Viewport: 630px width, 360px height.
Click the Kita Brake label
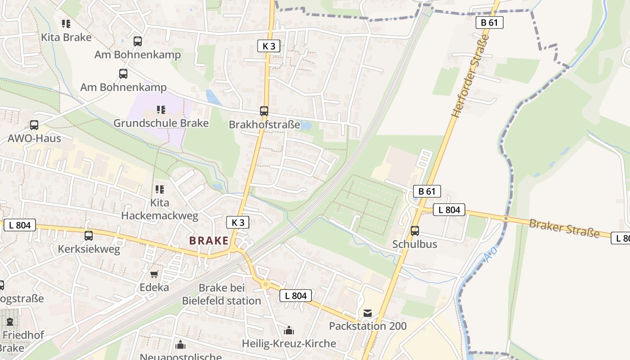coord(66,37)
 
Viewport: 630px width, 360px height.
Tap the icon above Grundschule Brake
coord(161,109)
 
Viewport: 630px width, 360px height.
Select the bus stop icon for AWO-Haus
coord(34,125)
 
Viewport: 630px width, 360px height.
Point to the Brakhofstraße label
coord(264,125)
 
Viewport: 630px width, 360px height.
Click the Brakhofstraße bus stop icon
coord(264,111)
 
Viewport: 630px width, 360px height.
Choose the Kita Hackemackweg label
coord(160,209)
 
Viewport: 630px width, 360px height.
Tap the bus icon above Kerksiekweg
coord(89,235)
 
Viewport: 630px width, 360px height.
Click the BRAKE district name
coord(209,241)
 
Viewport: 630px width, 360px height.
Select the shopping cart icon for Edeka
coord(154,274)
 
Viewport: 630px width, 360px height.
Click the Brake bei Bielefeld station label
coord(221,294)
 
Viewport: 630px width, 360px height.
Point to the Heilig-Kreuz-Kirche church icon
coord(289,331)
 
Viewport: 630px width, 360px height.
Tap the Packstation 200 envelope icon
coord(368,313)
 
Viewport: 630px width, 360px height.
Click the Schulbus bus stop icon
coord(415,231)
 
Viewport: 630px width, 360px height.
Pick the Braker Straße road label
coord(564,228)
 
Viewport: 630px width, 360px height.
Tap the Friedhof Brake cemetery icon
coord(10,322)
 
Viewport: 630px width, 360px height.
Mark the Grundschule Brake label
coord(161,123)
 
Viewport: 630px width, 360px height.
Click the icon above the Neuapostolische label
coord(180,345)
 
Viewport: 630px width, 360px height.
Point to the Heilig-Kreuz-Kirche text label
coord(289,344)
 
